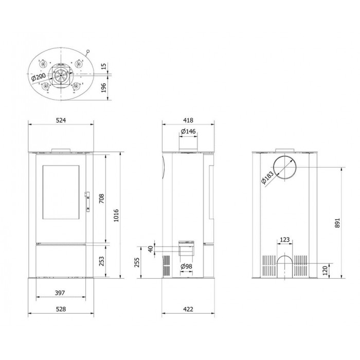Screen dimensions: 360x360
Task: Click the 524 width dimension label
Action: point(61,120)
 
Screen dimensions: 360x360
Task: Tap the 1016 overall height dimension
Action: point(116,215)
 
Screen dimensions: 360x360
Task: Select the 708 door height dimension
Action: point(101,199)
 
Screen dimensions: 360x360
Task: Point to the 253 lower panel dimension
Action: point(101,261)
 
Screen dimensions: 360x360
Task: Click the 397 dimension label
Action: point(60,293)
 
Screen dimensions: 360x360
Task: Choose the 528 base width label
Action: point(61,309)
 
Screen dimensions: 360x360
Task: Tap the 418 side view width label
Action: point(188,120)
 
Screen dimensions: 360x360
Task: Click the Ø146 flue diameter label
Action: point(188,131)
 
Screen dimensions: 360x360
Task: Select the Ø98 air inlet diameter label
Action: point(186,266)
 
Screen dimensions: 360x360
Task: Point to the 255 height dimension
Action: point(137,262)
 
